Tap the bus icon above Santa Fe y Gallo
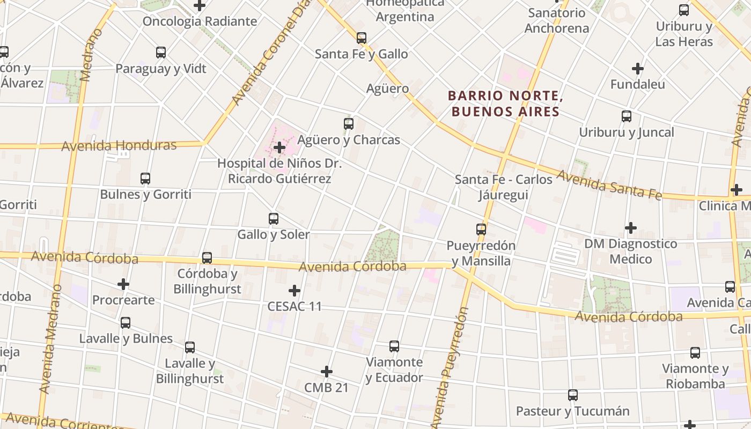[x=362, y=38]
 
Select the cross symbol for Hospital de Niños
[x=279, y=147]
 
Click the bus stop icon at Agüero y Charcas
[x=349, y=124]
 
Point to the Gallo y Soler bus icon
[x=274, y=219]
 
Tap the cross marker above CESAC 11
[x=294, y=291]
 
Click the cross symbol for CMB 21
[x=327, y=372]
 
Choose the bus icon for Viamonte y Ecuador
[x=394, y=346]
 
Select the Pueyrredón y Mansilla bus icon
[x=481, y=230]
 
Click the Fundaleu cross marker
[x=638, y=69]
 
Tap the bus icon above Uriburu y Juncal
[x=627, y=116]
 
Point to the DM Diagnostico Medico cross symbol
[x=631, y=228]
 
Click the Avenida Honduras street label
[x=119, y=145]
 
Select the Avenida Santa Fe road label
[x=608, y=184]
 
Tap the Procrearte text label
[x=123, y=300]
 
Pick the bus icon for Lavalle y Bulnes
[x=126, y=323]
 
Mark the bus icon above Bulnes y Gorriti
[x=145, y=179]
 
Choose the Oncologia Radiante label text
[x=200, y=21]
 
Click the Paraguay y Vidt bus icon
[x=161, y=53]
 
